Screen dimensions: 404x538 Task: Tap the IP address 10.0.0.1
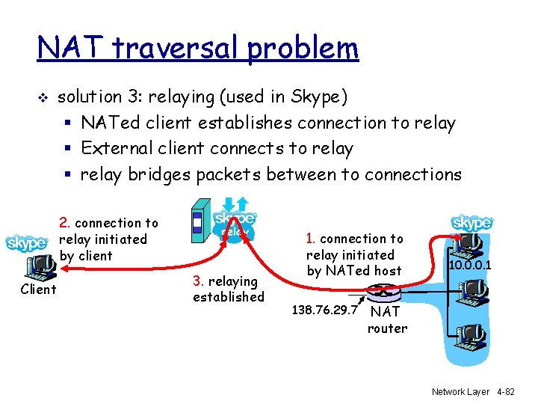(469, 265)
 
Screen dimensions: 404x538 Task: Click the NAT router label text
(386, 319)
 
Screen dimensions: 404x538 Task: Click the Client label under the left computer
(38, 289)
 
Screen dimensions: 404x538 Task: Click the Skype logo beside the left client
(26, 243)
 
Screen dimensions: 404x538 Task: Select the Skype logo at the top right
(472, 223)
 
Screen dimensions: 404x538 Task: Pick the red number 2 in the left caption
(64, 222)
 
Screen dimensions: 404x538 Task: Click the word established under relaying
(229, 297)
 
